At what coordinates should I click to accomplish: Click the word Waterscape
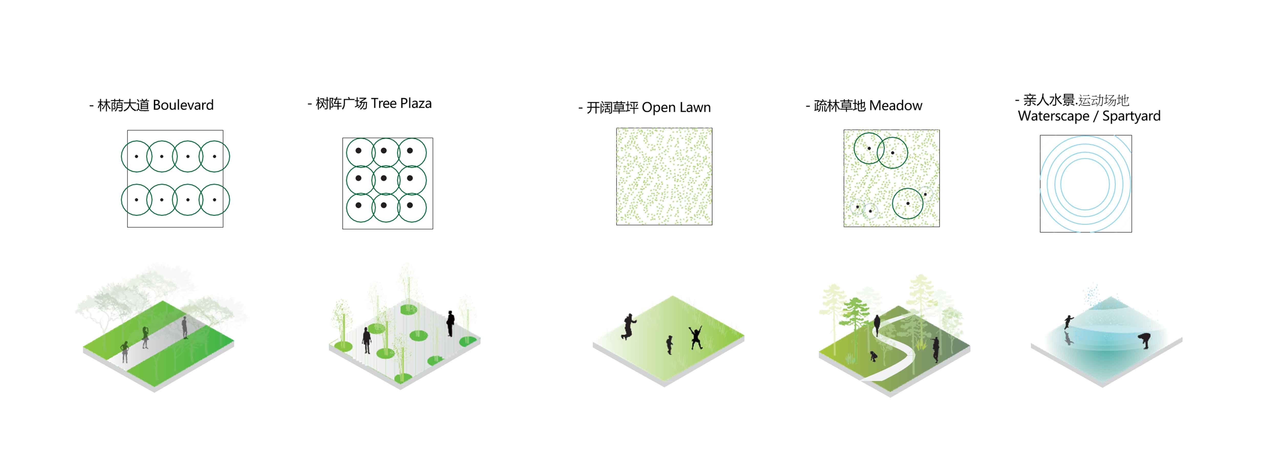pos(1053,116)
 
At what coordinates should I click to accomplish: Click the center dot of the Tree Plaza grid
pos(383,178)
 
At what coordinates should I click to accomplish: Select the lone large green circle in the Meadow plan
pos(908,203)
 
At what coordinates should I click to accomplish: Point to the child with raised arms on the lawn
pos(695,337)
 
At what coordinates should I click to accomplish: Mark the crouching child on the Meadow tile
pos(873,356)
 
